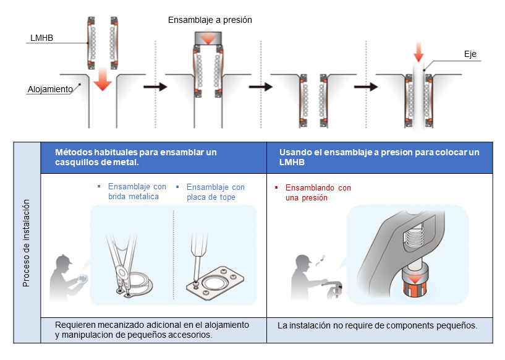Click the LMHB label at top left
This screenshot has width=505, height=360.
pos(42,38)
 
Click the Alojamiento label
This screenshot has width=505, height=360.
pos(50,89)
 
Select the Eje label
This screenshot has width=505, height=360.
pos(470,54)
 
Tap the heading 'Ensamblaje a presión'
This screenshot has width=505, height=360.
pos(210,20)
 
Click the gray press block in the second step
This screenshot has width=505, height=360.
pos(210,38)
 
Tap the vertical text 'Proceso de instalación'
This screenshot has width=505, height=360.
pos(26,242)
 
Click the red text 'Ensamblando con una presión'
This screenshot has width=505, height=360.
pos(315,192)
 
